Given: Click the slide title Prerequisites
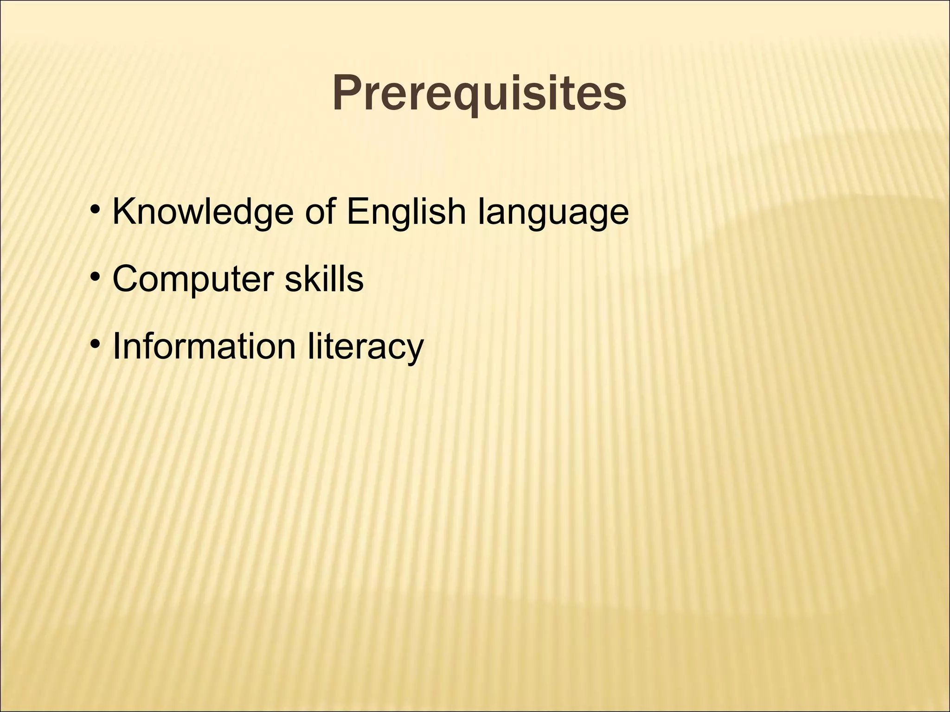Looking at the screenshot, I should click(x=479, y=94).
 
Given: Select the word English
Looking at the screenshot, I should click(x=406, y=212).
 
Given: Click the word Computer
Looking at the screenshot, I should click(x=193, y=280).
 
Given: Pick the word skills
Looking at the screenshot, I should click(x=324, y=279).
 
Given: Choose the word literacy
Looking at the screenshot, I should click(x=366, y=347).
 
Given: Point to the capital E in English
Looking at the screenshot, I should click(x=358, y=211).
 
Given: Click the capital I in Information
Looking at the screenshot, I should click(x=116, y=346).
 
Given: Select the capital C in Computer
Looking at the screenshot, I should click(x=127, y=279).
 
